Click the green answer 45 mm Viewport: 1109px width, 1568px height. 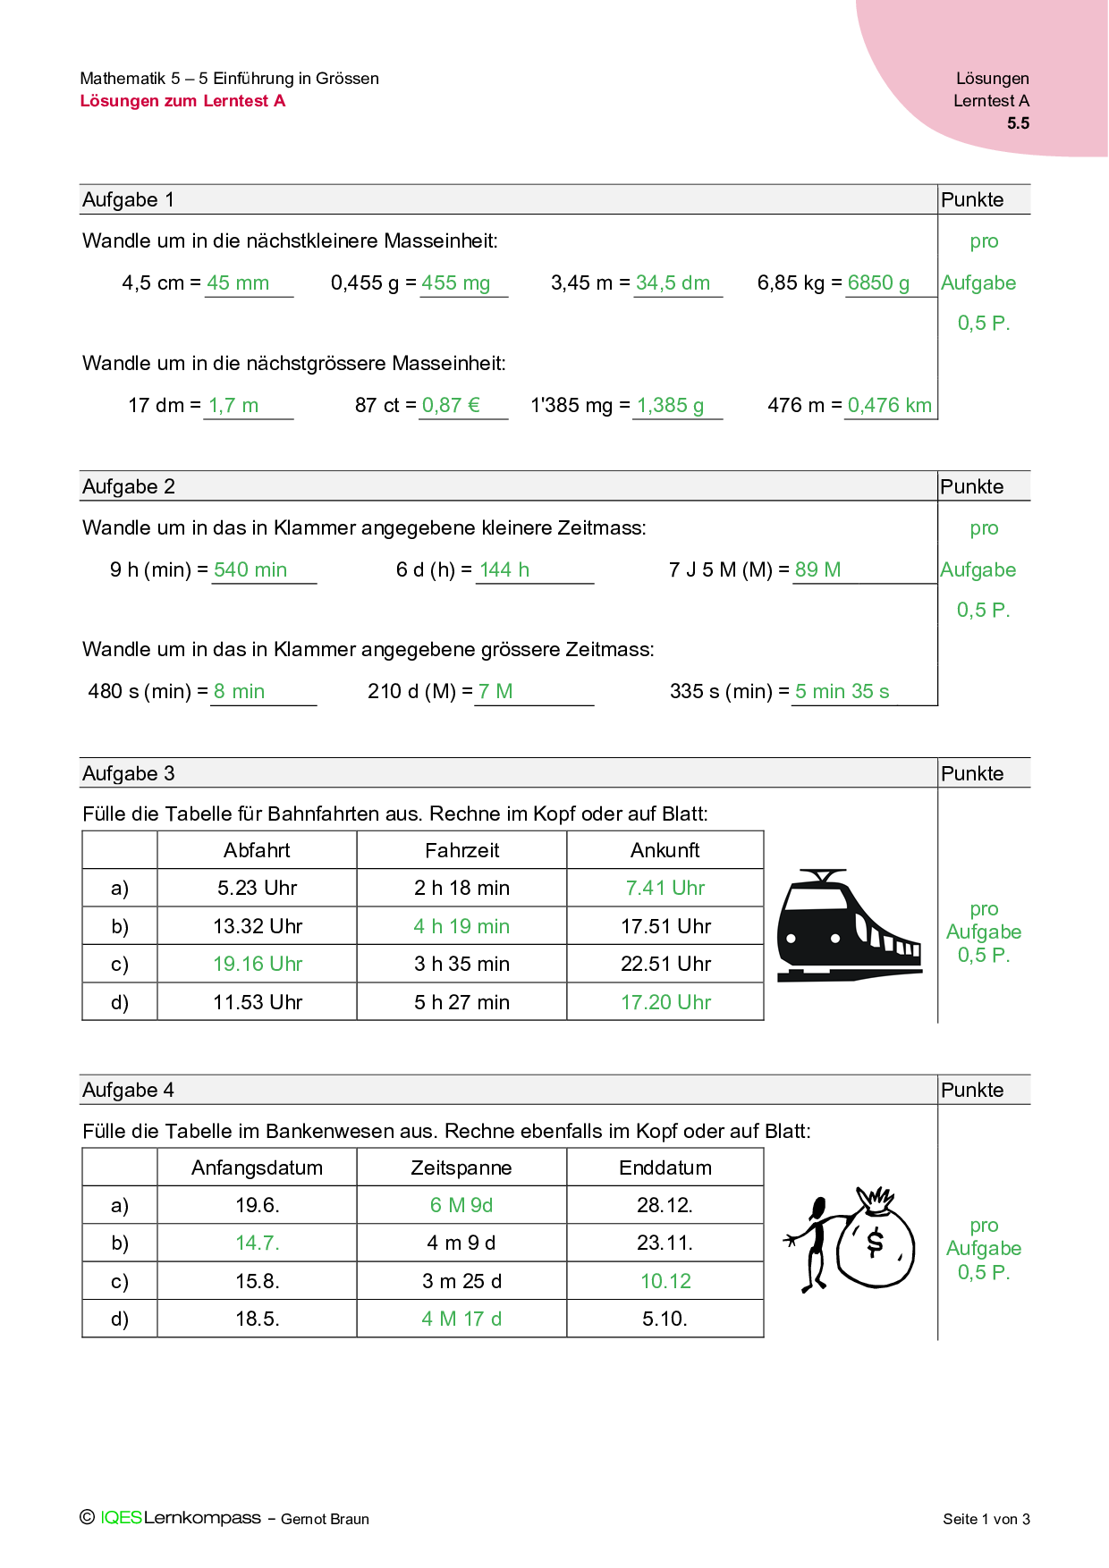[238, 283]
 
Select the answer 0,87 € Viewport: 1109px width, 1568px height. [451, 406]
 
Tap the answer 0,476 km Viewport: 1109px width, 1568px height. [889, 406]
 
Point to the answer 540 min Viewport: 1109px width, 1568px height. [250, 570]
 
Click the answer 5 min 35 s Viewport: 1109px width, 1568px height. [842, 692]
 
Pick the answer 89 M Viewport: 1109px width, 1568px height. [817, 570]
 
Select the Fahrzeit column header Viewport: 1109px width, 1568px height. [461, 850]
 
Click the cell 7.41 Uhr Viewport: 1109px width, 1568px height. [665, 889]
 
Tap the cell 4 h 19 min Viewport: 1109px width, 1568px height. [461, 927]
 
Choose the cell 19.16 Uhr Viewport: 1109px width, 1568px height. [258, 965]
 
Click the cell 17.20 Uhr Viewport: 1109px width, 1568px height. [665, 1003]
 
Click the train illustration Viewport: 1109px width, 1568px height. [847, 925]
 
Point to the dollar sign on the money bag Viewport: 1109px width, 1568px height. [875, 1241]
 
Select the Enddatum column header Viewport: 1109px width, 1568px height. [665, 1168]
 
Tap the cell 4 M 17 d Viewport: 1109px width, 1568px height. [461, 1319]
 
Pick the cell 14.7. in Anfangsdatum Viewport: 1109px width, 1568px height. [258, 1243]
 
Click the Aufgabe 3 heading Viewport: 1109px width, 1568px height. [129, 774]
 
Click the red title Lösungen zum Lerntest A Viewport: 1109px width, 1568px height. [182, 101]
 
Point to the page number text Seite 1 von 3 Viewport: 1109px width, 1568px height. [986, 1520]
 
